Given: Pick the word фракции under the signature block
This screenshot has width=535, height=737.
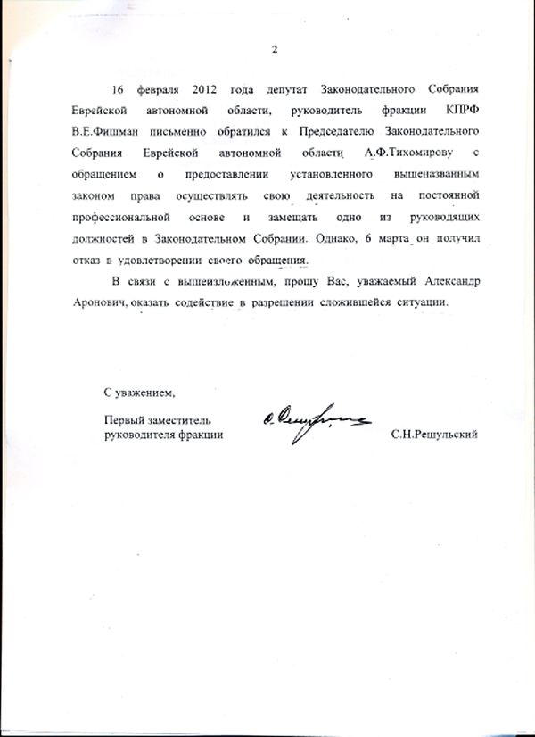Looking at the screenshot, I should pos(200,434).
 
